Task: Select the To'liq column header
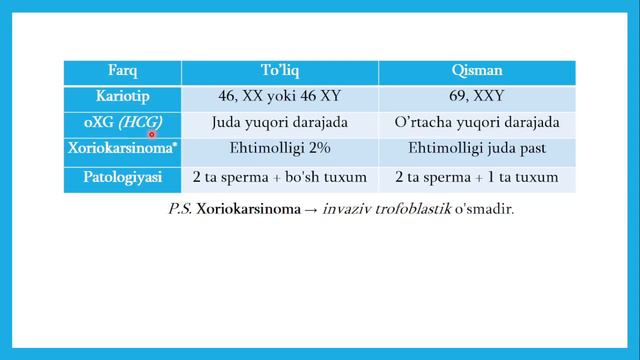click(x=280, y=72)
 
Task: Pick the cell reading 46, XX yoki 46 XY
click(x=280, y=98)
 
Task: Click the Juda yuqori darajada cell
click(x=280, y=124)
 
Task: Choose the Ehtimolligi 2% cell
click(x=280, y=150)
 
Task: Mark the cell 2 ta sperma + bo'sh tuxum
click(x=280, y=177)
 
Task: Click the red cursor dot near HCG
click(x=153, y=133)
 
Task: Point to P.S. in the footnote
click(x=180, y=211)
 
